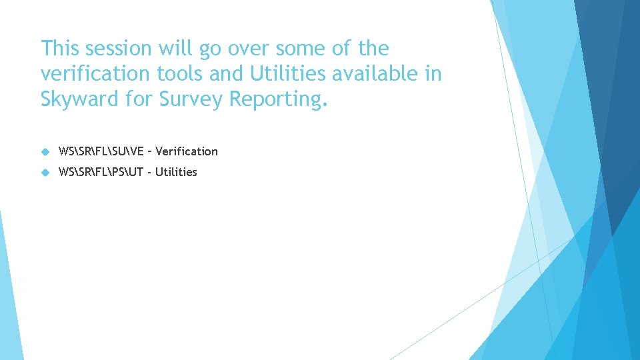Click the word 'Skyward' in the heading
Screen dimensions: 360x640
click(81, 99)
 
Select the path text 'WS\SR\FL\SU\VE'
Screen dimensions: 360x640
click(101, 151)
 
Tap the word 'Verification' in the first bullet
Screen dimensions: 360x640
click(187, 151)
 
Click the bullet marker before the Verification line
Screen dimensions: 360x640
click(45, 151)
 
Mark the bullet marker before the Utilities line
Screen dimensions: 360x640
click(45, 172)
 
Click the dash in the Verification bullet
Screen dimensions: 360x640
click(149, 151)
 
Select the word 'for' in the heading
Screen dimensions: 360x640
click(138, 99)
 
